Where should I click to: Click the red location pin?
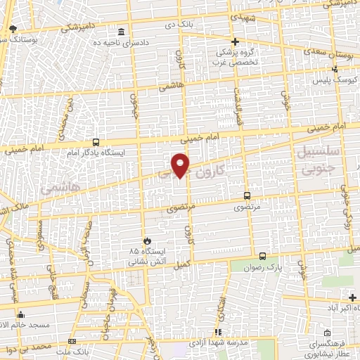pyautogui.click(x=181, y=165)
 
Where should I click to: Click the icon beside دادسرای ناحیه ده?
pyautogui.click(x=122, y=32)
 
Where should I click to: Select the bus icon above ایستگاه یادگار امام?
pyautogui.click(x=96, y=142)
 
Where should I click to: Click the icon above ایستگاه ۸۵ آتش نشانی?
pyautogui.click(x=146, y=240)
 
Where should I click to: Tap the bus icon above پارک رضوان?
pyautogui.click(x=262, y=256)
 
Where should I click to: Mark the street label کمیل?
pyautogui.click(x=181, y=263)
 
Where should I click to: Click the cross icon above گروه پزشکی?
pyautogui.click(x=235, y=42)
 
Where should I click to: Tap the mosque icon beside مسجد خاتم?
pyautogui.click(x=20, y=314)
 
